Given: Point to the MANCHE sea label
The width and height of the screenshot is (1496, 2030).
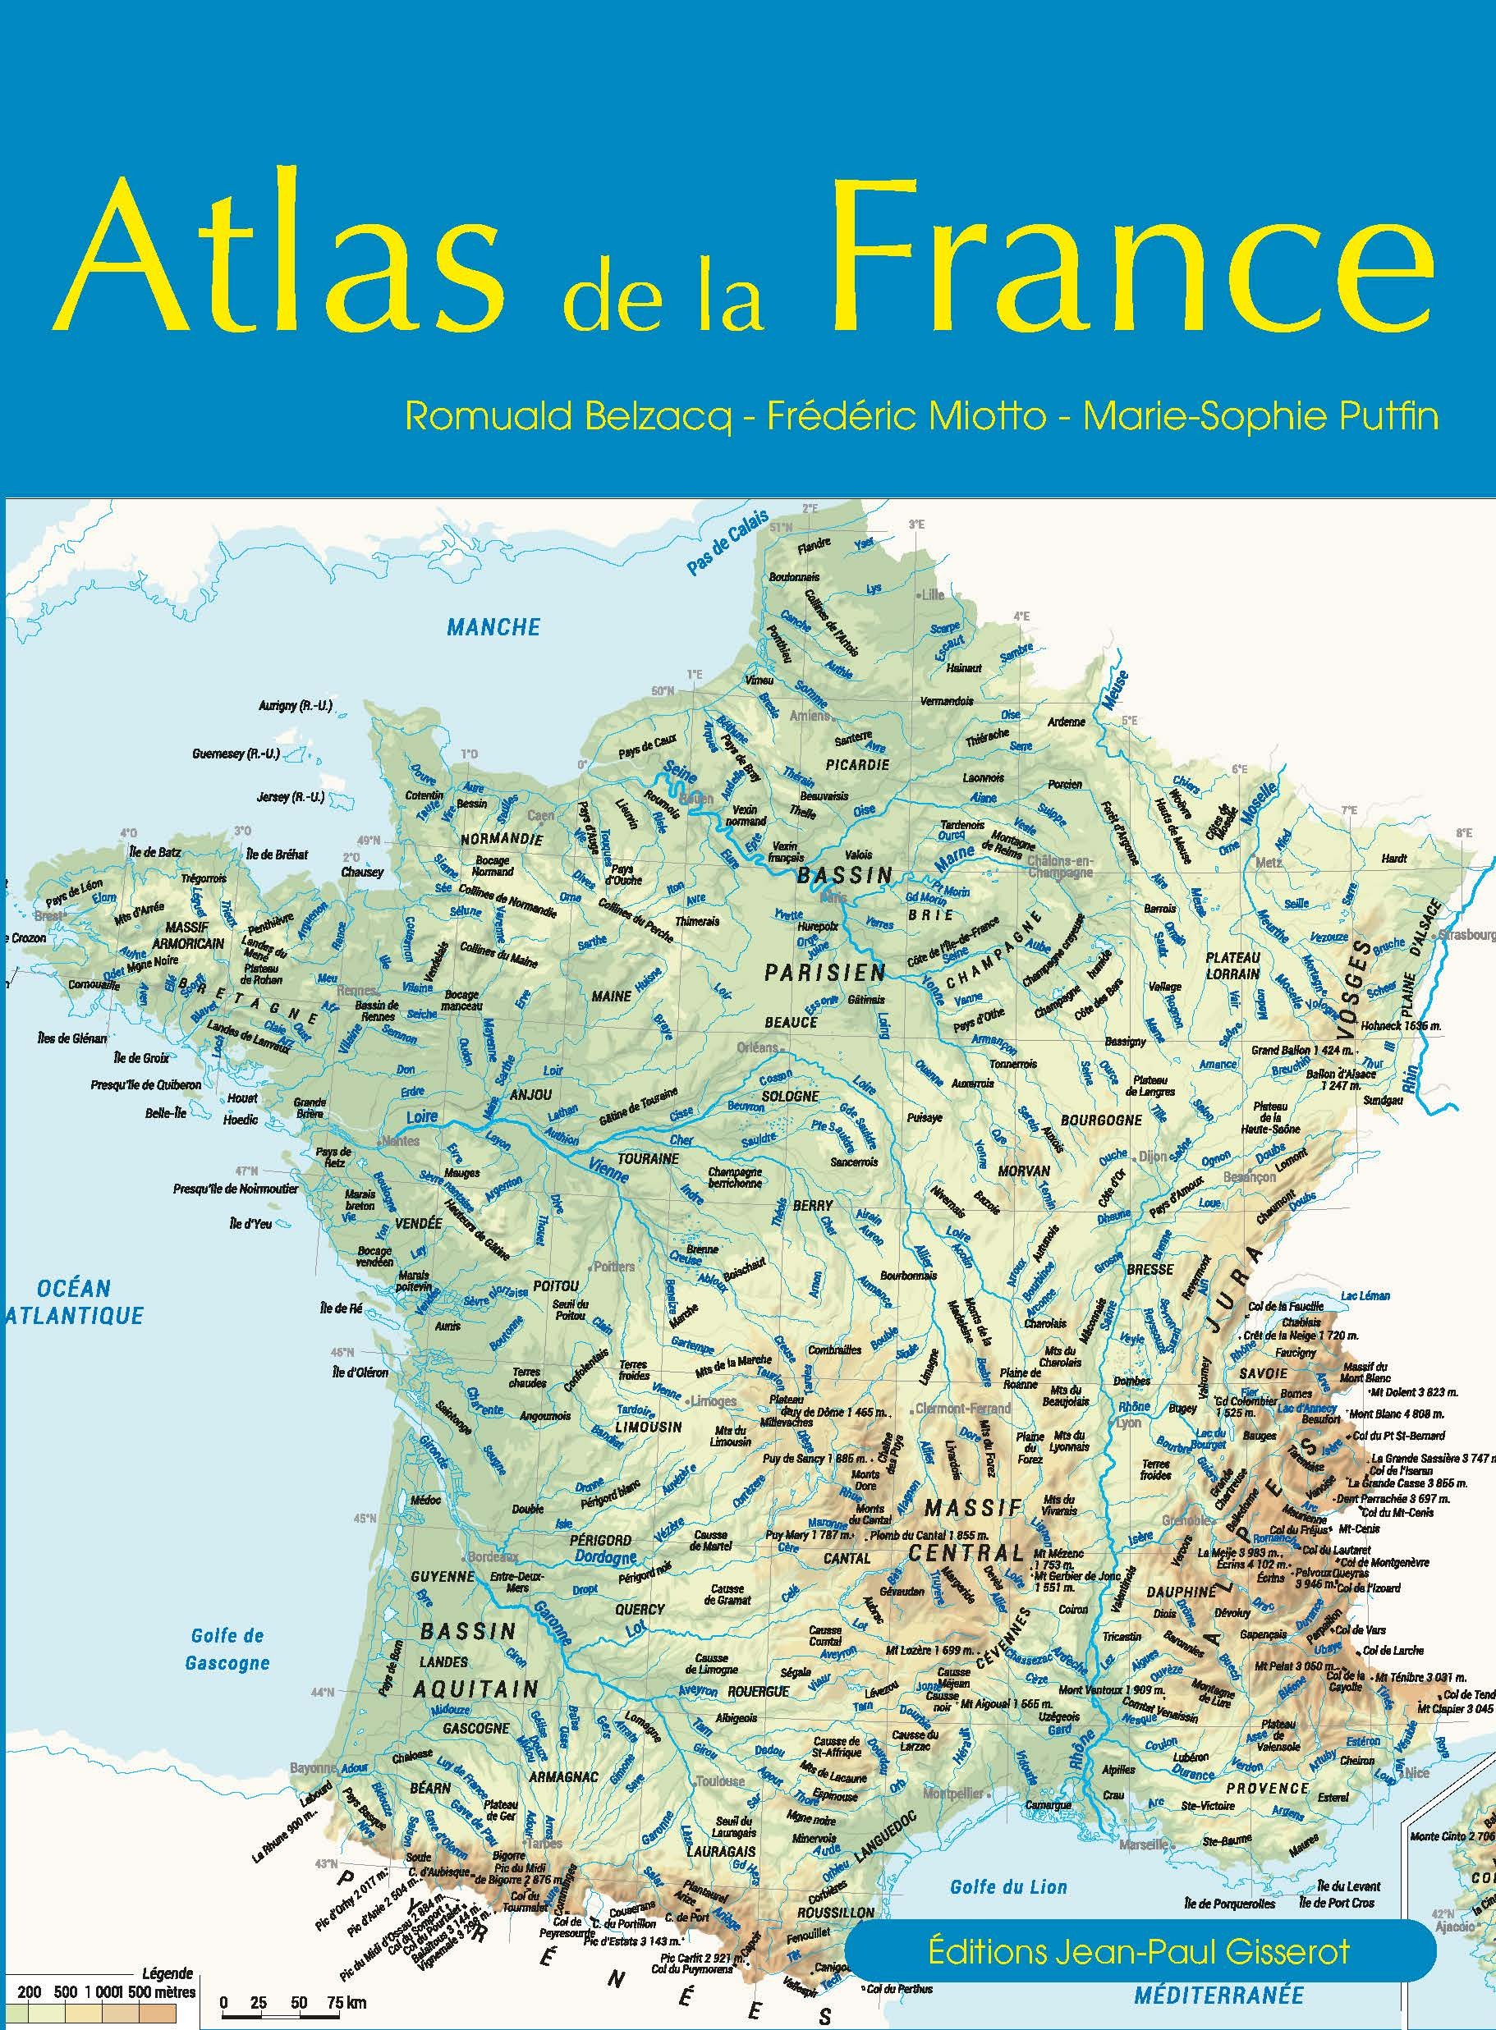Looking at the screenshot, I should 493,626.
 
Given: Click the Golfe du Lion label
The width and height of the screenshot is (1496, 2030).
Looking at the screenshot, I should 1008,1887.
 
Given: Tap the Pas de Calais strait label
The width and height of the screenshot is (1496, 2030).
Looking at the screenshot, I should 727,543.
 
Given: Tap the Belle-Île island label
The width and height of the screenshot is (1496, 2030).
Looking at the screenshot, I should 166,1114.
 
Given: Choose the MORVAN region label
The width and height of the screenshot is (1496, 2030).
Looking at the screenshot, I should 1023,1171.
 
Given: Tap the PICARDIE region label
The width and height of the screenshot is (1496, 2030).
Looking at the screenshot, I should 856,763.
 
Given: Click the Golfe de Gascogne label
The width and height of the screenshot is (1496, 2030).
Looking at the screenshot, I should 227,1649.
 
